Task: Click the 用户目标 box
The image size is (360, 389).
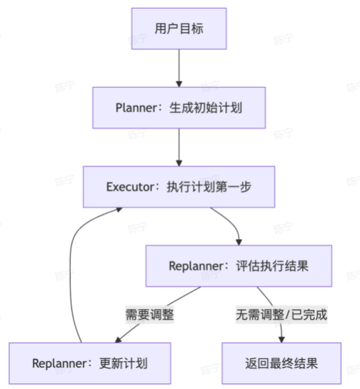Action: [x=179, y=29]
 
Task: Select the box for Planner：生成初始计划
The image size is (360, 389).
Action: [x=179, y=108]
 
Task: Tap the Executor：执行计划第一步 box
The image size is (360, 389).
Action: [x=179, y=187]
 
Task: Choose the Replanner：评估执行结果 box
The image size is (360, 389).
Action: [x=239, y=266]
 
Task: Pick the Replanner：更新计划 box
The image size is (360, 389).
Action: [x=90, y=363]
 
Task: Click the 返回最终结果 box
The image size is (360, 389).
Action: [x=281, y=363]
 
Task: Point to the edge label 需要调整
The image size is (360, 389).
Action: [x=149, y=314]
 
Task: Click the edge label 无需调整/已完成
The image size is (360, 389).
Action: [x=281, y=314]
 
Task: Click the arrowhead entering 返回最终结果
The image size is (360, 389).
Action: [x=281, y=338]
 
